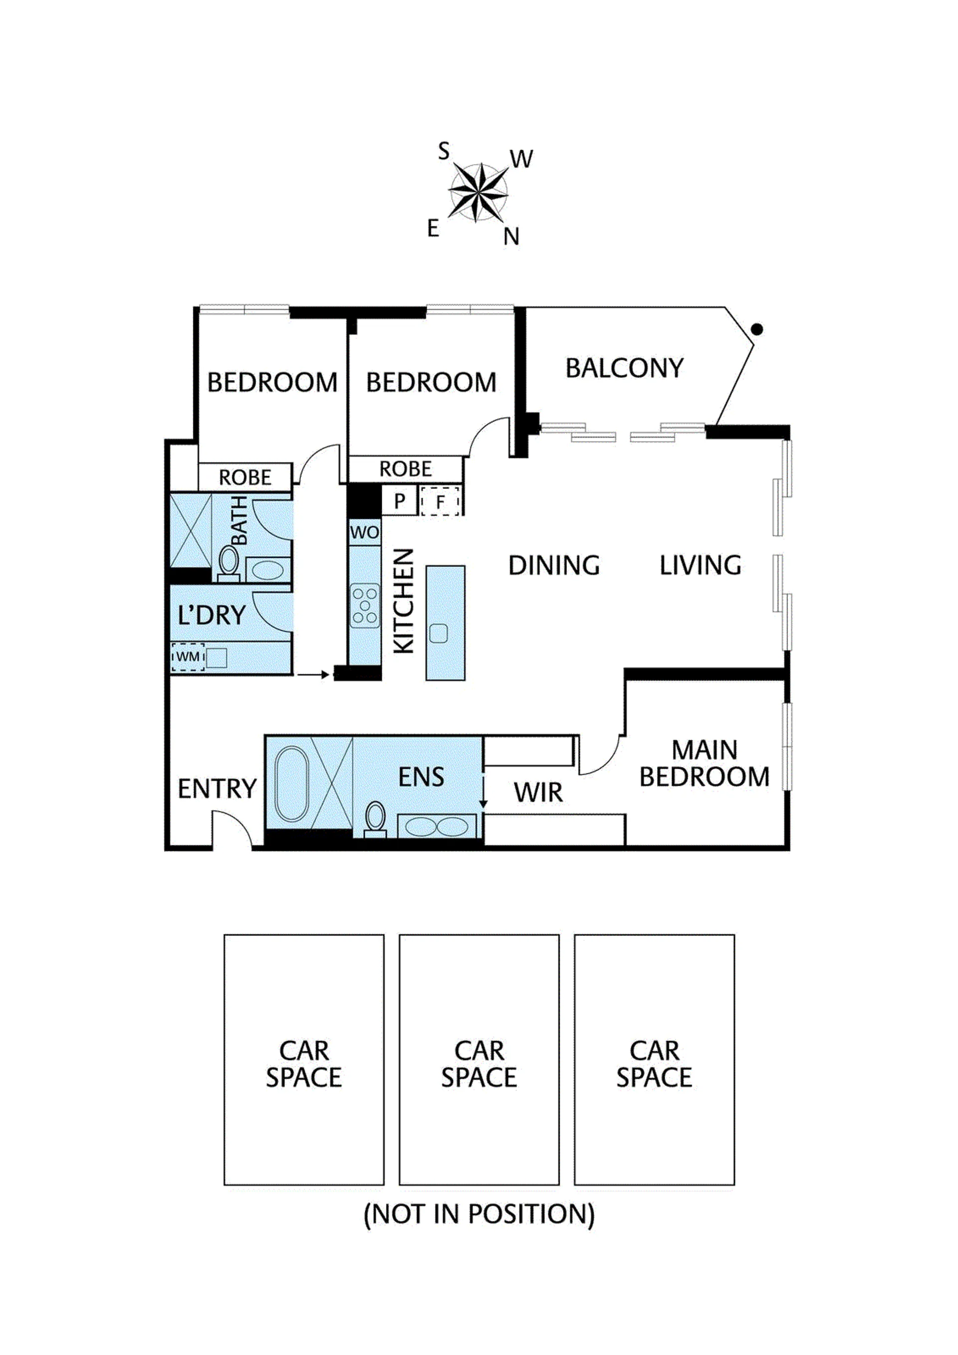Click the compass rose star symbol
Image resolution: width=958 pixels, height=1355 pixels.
pyautogui.click(x=478, y=192)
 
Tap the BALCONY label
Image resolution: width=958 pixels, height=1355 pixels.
pyautogui.click(x=625, y=368)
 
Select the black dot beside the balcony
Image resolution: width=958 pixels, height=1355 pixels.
pyautogui.click(x=757, y=329)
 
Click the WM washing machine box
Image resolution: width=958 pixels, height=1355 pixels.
pyautogui.click(x=188, y=657)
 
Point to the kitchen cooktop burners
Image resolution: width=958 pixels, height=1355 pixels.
pyautogui.click(x=365, y=606)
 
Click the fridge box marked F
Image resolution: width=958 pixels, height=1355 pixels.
pyautogui.click(x=440, y=501)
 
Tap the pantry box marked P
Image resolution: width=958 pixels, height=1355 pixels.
pyautogui.click(x=400, y=501)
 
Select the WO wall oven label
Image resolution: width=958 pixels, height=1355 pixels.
pyautogui.click(x=364, y=532)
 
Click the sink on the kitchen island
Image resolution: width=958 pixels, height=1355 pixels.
pyautogui.click(x=439, y=633)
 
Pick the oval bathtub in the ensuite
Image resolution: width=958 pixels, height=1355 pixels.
pyautogui.click(x=291, y=784)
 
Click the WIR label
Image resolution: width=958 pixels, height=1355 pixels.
pyautogui.click(x=538, y=793)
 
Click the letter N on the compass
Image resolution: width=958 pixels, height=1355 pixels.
pyautogui.click(x=511, y=236)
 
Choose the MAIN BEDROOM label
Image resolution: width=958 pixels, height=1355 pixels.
pyautogui.click(x=704, y=764)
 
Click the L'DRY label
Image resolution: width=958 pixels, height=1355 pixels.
pyautogui.click(x=212, y=615)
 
